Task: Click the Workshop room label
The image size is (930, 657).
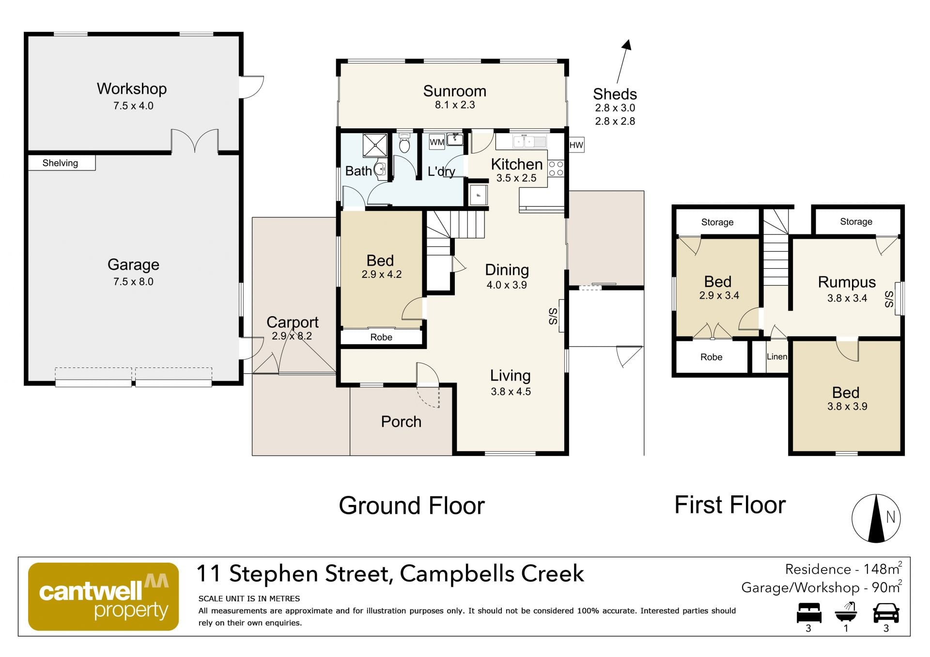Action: coord(132,89)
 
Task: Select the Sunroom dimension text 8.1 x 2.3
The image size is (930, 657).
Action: coord(455,105)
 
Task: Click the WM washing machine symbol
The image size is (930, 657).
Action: coord(437,142)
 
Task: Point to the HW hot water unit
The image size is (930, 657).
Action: coord(576,145)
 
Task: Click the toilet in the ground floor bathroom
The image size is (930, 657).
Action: coord(404,142)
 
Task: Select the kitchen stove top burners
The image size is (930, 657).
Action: coord(556,168)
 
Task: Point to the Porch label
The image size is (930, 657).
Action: coord(401,422)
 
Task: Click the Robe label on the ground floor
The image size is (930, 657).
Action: coord(381,337)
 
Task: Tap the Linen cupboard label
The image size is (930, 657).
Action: coord(777,356)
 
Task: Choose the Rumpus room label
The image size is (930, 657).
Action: coord(847,282)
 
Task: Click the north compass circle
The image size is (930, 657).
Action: coord(876,518)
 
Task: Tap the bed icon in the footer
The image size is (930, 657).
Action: coord(809,612)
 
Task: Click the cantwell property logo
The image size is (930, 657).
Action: coord(104,596)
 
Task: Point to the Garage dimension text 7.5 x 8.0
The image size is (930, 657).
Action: coord(133,281)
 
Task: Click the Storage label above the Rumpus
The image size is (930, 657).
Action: coord(856,222)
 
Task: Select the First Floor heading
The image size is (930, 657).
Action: coord(730,505)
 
